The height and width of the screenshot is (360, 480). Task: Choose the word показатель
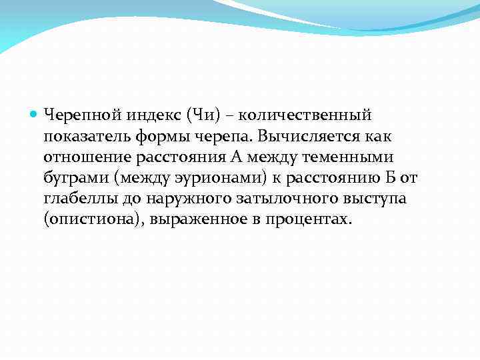(x=81, y=137)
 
